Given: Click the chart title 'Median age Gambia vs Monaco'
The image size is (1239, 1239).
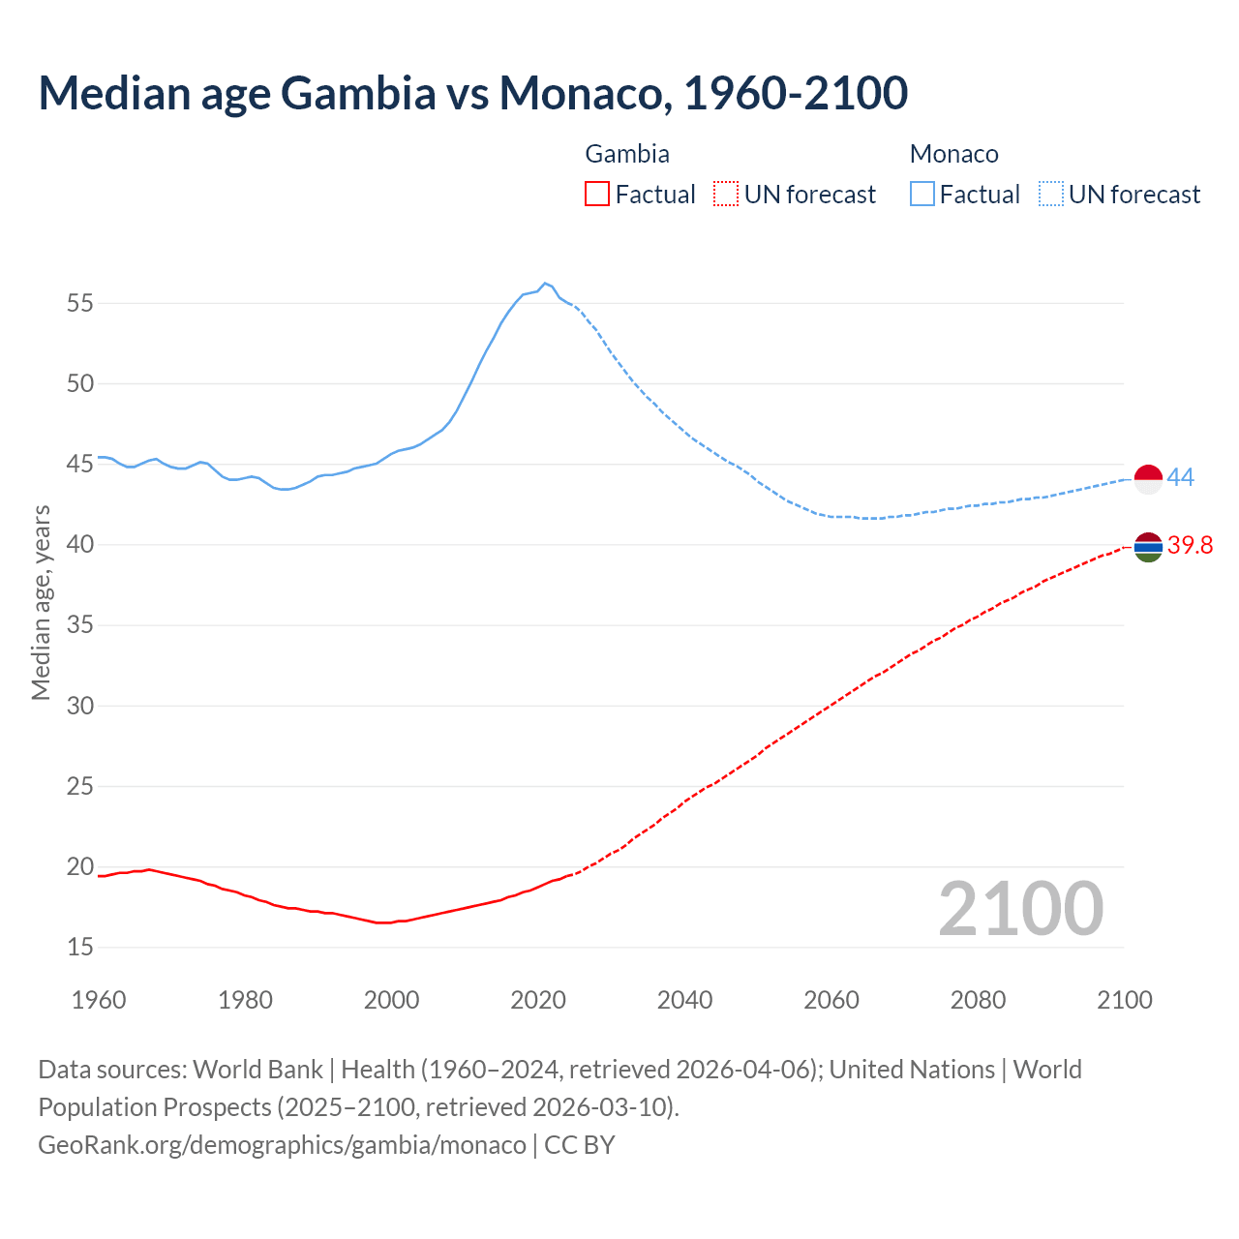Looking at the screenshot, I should (472, 93).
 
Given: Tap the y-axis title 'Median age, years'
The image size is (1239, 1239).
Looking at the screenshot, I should (41, 602).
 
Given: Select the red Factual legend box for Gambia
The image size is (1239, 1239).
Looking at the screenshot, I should (597, 195).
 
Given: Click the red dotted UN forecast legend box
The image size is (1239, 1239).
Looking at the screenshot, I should (726, 195).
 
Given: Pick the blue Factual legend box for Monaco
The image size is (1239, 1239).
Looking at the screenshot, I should (922, 195).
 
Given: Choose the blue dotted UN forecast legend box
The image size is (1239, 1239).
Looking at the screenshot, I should (1050, 195).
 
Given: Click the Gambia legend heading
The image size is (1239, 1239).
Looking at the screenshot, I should (627, 154).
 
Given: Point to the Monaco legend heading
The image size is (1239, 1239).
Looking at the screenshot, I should (953, 154).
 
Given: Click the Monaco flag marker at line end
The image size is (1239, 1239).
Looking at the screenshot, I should (1148, 479).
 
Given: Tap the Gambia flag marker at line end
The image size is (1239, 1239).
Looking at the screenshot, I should (1148, 547).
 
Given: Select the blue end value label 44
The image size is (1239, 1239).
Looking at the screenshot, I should (1180, 477).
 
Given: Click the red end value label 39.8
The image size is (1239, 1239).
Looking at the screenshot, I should (1190, 545).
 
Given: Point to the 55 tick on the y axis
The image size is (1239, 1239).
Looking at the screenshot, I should (80, 304).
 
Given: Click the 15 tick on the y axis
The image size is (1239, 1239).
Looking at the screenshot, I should (80, 947).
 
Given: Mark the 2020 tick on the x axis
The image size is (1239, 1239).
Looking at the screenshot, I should (538, 1000).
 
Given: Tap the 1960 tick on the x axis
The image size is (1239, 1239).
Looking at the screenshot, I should (99, 1000).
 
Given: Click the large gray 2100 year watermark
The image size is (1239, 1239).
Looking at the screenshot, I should (1020, 909).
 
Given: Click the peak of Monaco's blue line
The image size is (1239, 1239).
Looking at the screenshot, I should (545, 283).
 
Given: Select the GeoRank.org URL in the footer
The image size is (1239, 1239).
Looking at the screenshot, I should (282, 1145).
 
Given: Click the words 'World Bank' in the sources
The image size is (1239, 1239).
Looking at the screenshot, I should (257, 1070).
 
